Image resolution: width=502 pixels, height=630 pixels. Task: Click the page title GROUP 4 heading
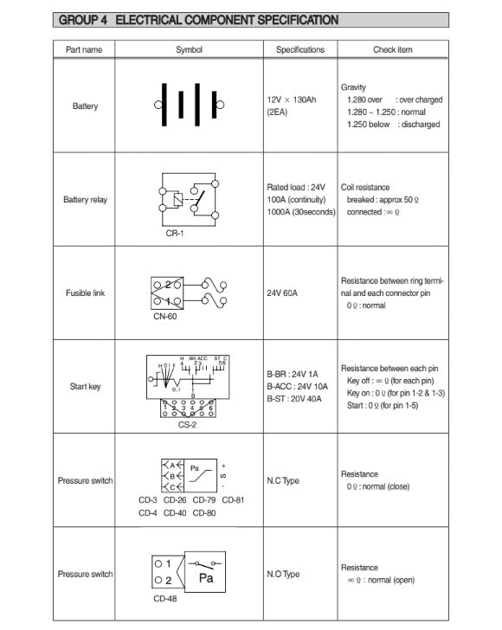coord(196,20)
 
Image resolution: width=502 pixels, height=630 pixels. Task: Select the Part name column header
coord(84,50)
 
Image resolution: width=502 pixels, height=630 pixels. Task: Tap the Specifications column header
coord(300,50)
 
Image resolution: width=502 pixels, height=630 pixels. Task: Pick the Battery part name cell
coord(85,106)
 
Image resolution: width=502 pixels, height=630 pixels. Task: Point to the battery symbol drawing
coord(189,106)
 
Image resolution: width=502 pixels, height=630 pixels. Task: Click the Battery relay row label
coord(85,200)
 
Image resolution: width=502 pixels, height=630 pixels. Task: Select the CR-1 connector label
coord(176,232)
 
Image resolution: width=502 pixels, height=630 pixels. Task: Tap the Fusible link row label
coord(85,293)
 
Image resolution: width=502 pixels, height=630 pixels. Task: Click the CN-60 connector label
coord(164,317)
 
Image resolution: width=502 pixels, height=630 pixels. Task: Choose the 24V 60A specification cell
coord(282,293)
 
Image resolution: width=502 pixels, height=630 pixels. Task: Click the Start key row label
coord(85,386)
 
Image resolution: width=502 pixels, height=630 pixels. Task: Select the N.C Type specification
coord(284,480)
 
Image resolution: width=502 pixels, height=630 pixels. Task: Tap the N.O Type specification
coord(284,574)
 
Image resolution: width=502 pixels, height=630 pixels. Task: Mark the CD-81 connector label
coord(233,499)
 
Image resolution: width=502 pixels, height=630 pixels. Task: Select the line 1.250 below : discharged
coord(393,125)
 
